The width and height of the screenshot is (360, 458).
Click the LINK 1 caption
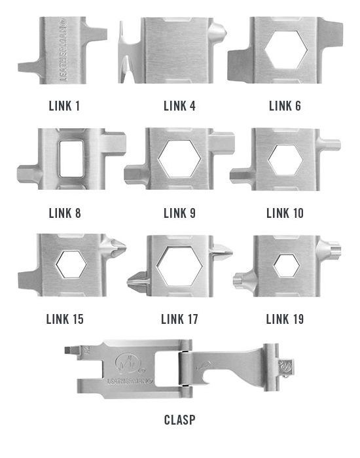click(x=64, y=106)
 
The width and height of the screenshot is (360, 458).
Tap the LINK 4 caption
click(x=179, y=106)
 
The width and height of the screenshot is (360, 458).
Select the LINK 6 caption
click(x=285, y=106)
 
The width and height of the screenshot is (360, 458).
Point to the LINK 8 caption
click(x=65, y=213)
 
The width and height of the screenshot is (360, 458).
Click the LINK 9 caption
click(x=179, y=213)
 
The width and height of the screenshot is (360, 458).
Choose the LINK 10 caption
click(x=285, y=213)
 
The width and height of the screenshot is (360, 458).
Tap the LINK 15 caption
click(x=65, y=319)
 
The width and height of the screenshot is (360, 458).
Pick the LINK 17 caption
click(x=179, y=319)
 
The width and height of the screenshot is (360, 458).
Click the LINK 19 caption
click(x=285, y=319)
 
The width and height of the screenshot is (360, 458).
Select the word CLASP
click(x=180, y=420)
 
